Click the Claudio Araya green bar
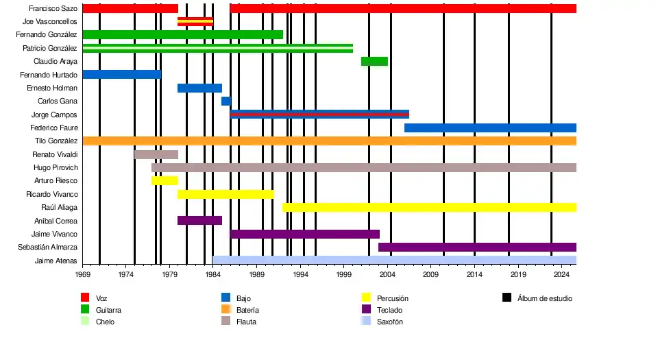click(374, 62)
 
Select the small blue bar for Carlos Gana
click(226, 101)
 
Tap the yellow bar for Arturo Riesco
click(164, 181)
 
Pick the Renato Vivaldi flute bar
click(156, 154)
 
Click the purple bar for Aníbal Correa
click(199, 221)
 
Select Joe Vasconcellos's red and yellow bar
click(195, 22)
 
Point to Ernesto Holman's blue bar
click(199, 88)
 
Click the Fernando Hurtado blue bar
click(122, 75)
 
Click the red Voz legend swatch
click(86, 298)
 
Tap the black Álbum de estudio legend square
click(507, 298)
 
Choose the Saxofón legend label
click(390, 322)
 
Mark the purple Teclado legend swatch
click(366, 310)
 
